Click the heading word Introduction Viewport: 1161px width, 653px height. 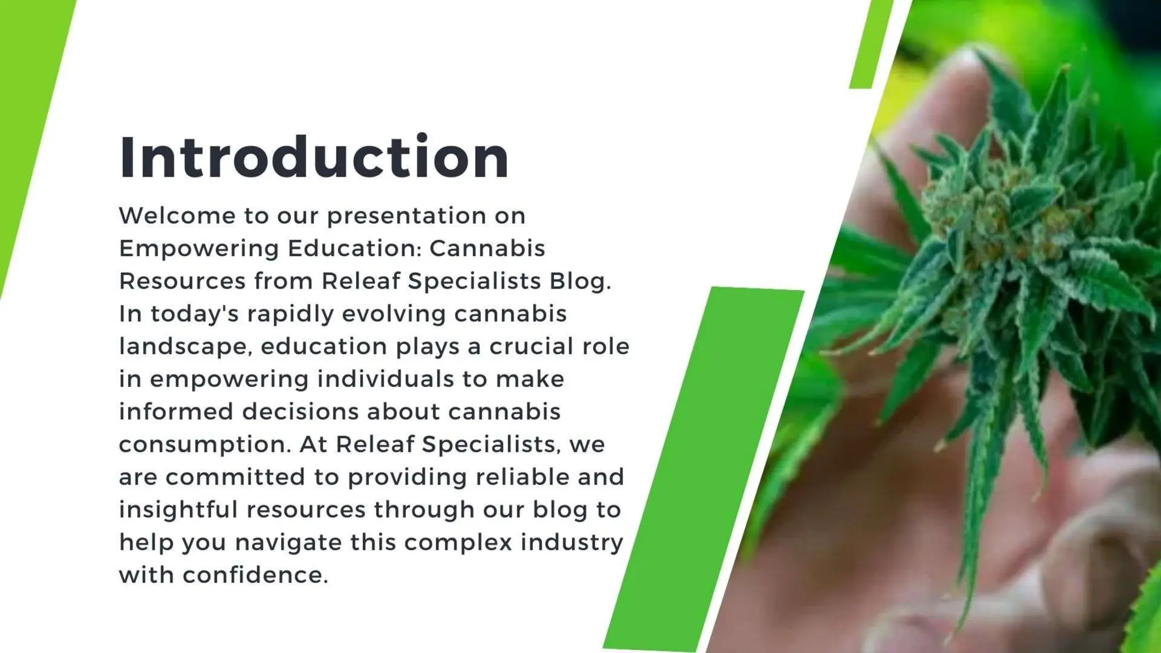[x=314, y=158]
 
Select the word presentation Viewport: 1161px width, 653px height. [x=406, y=216]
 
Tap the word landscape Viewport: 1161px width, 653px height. [x=185, y=346]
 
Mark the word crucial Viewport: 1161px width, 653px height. [x=524, y=346]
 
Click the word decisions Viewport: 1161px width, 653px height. [x=300, y=412]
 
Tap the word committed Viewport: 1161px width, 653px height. [x=236, y=477]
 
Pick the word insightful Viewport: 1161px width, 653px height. [x=178, y=510]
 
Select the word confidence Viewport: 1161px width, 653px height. [x=255, y=575]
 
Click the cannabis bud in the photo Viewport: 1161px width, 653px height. [x=998, y=227]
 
